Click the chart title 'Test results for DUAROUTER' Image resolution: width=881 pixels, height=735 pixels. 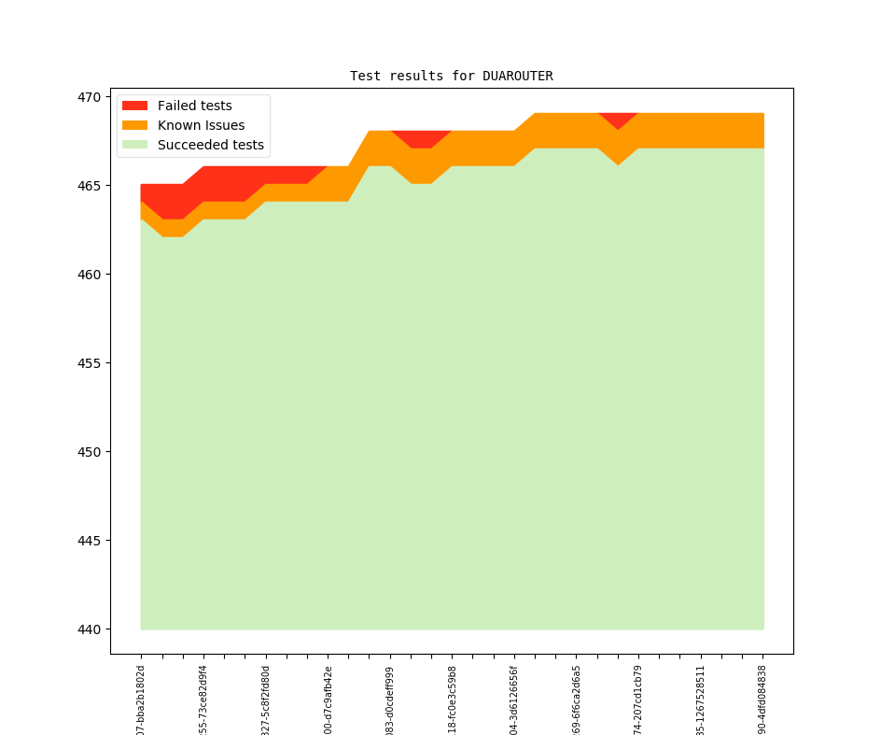click(x=451, y=76)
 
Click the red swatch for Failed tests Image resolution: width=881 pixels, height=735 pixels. click(x=134, y=106)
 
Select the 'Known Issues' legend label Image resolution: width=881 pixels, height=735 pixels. click(x=201, y=125)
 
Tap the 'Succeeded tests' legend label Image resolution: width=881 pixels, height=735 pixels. click(x=210, y=145)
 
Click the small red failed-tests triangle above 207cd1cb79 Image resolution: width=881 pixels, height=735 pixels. click(x=618, y=119)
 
